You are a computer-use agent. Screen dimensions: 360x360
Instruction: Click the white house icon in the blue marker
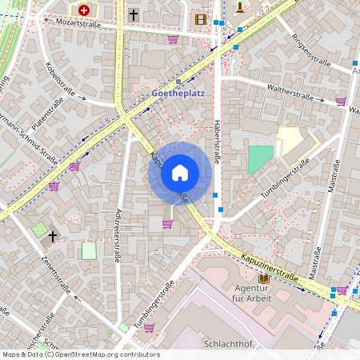coord(180,172)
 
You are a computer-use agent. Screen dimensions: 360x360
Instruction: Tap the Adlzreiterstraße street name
coord(117,236)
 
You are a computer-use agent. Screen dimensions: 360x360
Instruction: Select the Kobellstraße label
coord(60,80)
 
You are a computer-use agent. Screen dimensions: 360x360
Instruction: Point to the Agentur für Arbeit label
coord(253,293)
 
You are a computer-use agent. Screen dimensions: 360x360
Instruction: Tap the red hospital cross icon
coord(83,10)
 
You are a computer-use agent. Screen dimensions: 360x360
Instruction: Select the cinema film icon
coord(200,18)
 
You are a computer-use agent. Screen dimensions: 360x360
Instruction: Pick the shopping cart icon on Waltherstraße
coord(341,102)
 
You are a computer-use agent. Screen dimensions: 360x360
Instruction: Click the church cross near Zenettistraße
coord(54,236)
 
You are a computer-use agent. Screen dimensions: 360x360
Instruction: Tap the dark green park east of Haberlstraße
coord(259,159)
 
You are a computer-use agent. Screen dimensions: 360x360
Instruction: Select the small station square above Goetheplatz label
coord(178,81)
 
